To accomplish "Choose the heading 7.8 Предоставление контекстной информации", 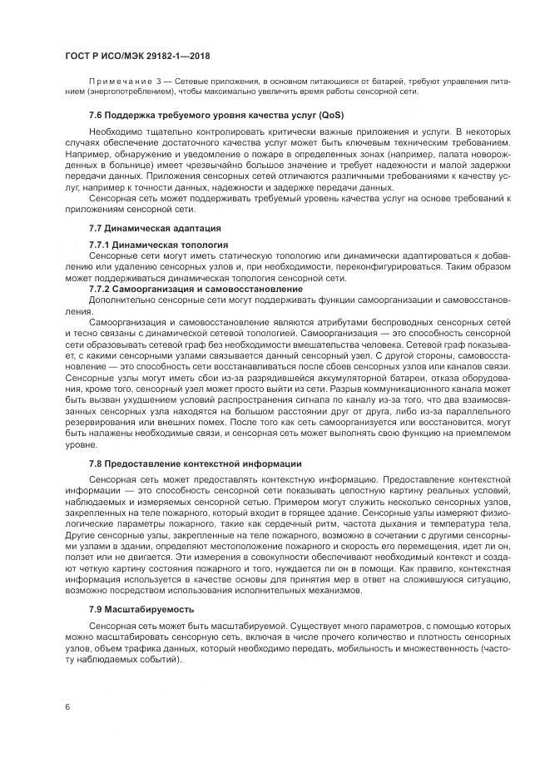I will [195, 463].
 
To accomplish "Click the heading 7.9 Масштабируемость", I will [138, 608].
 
